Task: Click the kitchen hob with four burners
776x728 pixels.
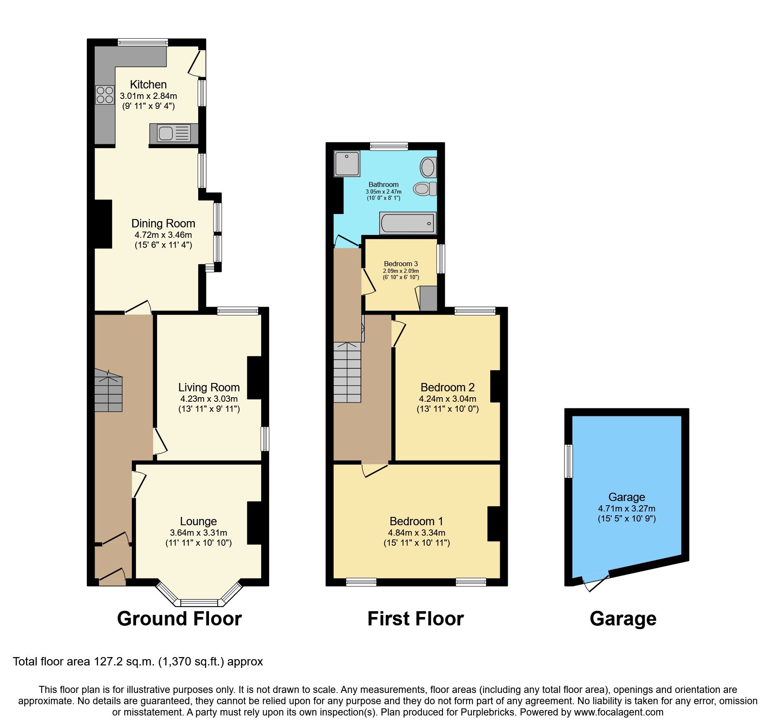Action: coord(105,95)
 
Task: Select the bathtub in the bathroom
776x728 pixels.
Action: coord(408,223)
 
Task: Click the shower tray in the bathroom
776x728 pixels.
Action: coord(347,163)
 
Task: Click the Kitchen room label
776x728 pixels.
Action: coord(148,85)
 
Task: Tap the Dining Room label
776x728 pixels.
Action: coord(163,224)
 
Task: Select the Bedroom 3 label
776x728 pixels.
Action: coord(401,264)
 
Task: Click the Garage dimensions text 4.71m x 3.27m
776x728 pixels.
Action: coord(626,509)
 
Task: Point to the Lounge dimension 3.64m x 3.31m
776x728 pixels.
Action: coord(198,533)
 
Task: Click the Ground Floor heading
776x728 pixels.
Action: coord(179,618)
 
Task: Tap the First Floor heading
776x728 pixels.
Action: coord(415,618)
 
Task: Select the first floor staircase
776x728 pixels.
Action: coord(347,372)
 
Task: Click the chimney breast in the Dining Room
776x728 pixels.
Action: coord(103,224)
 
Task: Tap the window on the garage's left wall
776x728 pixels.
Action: coord(568,461)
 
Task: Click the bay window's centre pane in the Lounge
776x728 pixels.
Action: coord(199,602)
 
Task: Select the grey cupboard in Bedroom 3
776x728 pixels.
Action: coord(428,298)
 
